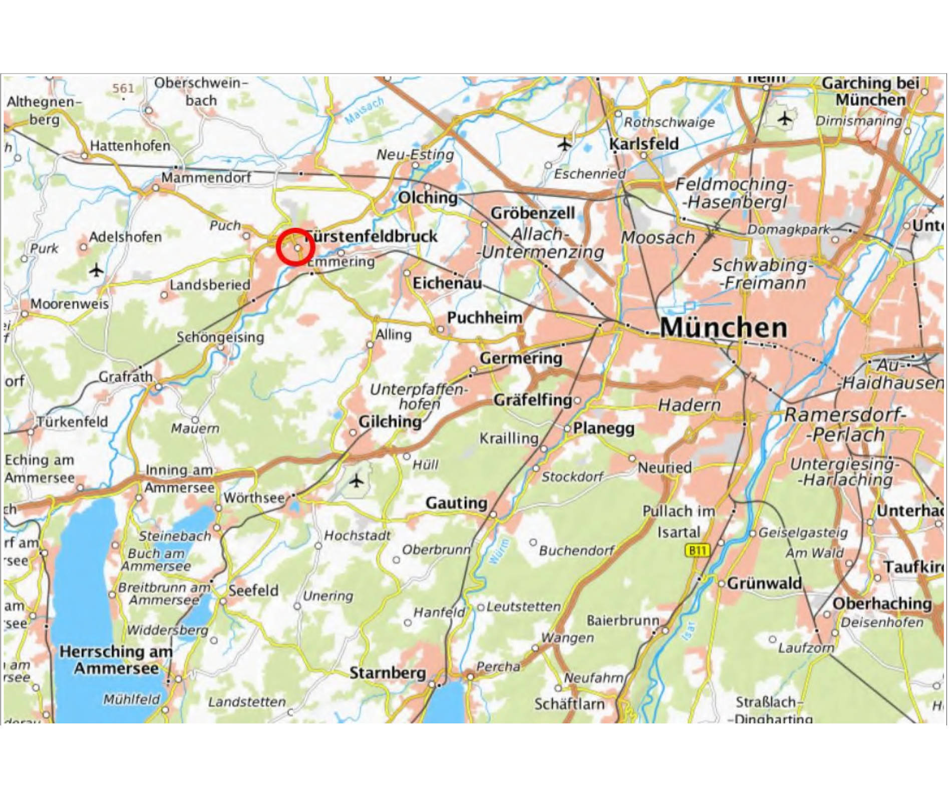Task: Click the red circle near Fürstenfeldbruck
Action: click(x=295, y=247)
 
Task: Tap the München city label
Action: click(x=724, y=328)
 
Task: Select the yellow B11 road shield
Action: click(x=697, y=551)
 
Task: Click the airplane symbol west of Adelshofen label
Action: click(x=96, y=271)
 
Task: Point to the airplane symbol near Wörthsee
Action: click(x=356, y=481)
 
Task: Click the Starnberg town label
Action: click(x=387, y=673)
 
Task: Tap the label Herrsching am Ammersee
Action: click(x=116, y=660)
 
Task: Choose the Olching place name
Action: click(x=428, y=198)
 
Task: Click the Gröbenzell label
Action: click(x=532, y=213)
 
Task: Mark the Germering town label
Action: click(x=521, y=358)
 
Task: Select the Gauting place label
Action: click(x=456, y=503)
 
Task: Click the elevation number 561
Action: click(x=123, y=89)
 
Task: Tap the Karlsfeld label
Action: click(x=644, y=144)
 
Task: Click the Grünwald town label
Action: click(x=764, y=583)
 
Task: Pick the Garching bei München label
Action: click(x=870, y=91)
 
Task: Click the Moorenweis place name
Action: click(x=69, y=304)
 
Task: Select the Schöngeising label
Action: click(x=220, y=337)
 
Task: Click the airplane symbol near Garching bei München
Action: click(x=785, y=119)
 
